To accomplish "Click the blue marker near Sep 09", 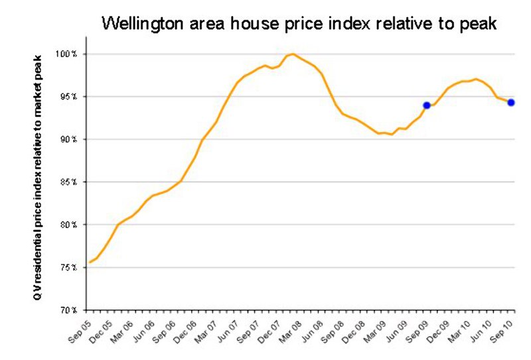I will pyautogui.click(x=427, y=105).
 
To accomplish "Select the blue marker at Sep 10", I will pyautogui.click(x=511, y=102).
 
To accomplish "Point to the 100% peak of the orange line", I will pyautogui.click(x=293, y=54).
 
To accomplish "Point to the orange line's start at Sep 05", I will pyautogui.click(x=90, y=263).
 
